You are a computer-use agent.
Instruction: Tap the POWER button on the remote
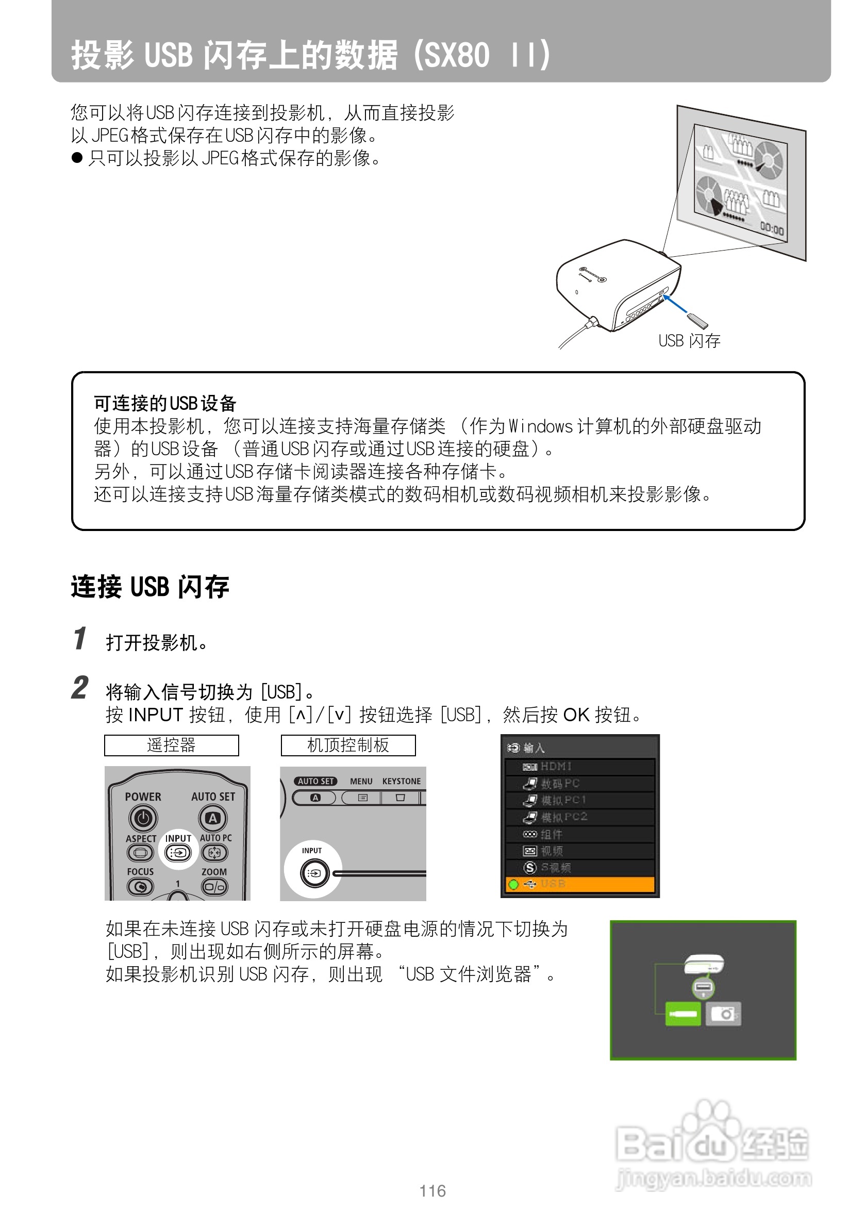click(x=143, y=818)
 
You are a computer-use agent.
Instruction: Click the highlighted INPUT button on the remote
click(x=178, y=853)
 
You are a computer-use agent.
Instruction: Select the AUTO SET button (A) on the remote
click(x=213, y=818)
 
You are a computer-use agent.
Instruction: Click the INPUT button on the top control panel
click(x=313, y=873)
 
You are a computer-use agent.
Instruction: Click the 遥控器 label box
click(x=171, y=745)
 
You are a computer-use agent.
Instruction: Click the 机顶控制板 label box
click(x=348, y=745)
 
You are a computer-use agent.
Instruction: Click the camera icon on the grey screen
click(x=723, y=1013)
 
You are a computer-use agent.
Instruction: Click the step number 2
click(x=79, y=688)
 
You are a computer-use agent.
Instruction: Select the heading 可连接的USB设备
click(x=165, y=403)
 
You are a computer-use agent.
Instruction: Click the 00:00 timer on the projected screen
click(x=772, y=230)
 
